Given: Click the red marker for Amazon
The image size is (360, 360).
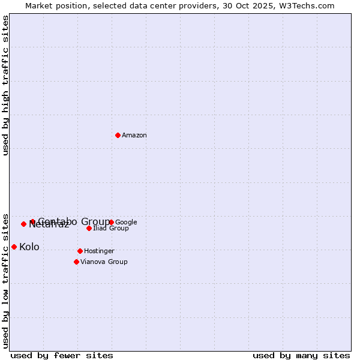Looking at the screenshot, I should [x=118, y=135].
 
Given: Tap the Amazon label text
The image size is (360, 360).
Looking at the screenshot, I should [x=134, y=136].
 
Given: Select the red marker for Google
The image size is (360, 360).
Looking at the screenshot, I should [x=112, y=222].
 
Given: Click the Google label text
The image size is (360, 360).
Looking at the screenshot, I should [x=127, y=223].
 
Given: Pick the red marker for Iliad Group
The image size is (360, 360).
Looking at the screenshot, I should [x=89, y=228].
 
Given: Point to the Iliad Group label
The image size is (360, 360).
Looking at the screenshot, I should [x=111, y=229].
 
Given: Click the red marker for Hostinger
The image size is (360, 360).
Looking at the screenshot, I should [x=80, y=251].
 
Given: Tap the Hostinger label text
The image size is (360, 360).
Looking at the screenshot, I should [x=99, y=251].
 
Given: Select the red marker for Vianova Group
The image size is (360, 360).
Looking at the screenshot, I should [x=76, y=262].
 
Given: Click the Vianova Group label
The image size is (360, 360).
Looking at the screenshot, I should [x=104, y=262].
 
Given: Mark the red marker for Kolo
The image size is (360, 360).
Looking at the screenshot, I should [x=14, y=247].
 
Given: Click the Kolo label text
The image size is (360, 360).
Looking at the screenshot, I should [x=29, y=247].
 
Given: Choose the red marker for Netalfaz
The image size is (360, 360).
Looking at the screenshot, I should [x=23, y=224].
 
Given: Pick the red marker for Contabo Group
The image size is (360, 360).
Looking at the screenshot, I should [x=32, y=221].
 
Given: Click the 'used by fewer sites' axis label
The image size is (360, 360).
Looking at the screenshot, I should [x=62, y=355].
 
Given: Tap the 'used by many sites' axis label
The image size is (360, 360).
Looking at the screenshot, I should [x=301, y=355].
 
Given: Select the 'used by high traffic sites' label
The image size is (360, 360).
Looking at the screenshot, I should [x=6, y=85].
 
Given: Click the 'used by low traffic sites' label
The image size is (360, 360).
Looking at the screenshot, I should [x=6, y=281].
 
